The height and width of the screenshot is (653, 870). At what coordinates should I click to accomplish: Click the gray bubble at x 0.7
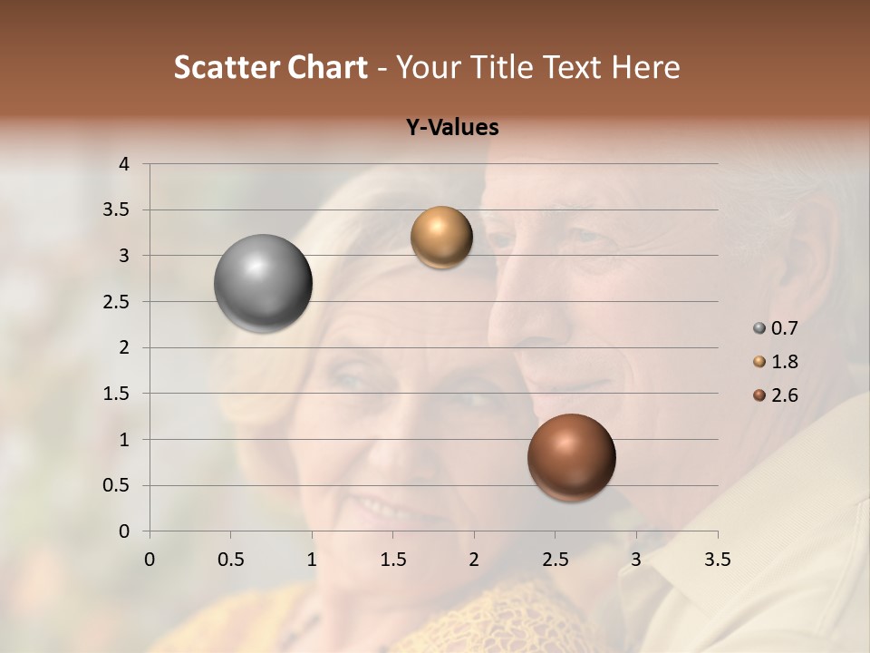[x=263, y=283]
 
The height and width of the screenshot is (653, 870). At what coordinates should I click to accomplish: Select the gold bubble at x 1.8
[x=441, y=238]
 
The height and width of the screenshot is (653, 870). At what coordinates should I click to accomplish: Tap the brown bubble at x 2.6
[x=571, y=457]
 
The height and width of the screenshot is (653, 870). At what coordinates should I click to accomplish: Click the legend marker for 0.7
[x=759, y=328]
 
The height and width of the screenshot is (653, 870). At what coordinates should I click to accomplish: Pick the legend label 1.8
[x=785, y=362]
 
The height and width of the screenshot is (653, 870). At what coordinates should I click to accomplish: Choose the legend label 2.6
[x=785, y=395]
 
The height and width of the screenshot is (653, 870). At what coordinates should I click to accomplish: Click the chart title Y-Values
[x=452, y=128]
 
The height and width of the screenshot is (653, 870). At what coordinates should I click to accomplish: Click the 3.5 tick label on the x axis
[x=717, y=560]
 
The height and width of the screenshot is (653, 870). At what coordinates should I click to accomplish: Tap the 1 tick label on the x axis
[x=312, y=560]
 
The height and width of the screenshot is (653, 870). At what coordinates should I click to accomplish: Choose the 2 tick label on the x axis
[x=474, y=560]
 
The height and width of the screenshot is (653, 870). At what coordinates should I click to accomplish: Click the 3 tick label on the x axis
[x=636, y=560]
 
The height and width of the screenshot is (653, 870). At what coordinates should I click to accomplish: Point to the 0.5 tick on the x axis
[x=230, y=560]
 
